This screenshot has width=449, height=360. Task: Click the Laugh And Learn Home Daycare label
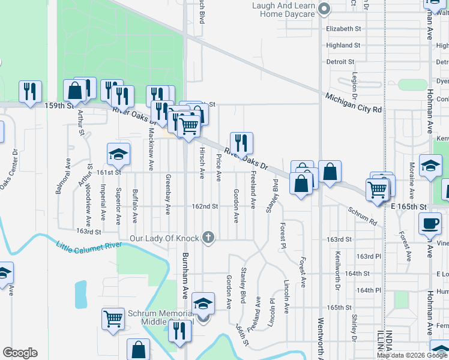coord(284,10)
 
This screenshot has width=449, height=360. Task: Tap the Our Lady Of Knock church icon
coord(208,238)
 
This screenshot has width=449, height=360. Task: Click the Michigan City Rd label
coord(354,103)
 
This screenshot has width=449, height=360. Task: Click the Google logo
coord(20,353)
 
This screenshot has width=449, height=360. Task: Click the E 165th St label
coord(408,206)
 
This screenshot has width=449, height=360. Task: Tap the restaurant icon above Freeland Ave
coord(241,143)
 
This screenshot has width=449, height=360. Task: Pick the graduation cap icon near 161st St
coord(118,155)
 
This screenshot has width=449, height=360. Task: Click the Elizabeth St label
coord(343,28)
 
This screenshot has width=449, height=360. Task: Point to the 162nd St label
coord(204,206)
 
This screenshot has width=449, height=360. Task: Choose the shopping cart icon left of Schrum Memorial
coord(113,319)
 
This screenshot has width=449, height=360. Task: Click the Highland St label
coord(343,45)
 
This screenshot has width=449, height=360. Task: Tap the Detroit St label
coord(340,62)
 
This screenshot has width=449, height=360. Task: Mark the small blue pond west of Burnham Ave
coord(80,294)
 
